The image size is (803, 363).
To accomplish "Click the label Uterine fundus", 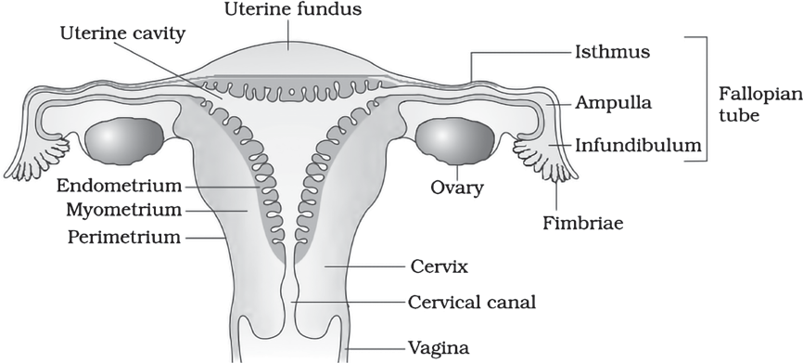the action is coord(293,9).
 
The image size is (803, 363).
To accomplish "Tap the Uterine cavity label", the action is coord(123,33).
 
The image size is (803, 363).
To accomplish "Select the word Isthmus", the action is coord(612,52).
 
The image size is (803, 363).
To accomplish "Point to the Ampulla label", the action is coord(613,103).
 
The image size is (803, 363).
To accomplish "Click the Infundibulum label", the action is coord(638,146).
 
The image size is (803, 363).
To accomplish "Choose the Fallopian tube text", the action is coord(760,105).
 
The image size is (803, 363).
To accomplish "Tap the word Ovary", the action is coord(457,188).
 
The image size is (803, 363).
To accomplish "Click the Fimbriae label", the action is coord(583,224).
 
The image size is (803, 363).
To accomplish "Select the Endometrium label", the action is coord(119,186).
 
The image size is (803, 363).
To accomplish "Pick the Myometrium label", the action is coord(124,210).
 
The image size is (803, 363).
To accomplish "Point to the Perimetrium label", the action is coord(124,238).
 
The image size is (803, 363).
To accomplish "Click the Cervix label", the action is coord(440,266).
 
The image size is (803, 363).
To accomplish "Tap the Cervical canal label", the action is coord(472,303).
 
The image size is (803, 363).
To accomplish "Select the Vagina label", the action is coord(438,349).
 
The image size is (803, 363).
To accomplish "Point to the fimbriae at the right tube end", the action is coord(544,159).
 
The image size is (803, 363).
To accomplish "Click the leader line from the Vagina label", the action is coord(376,349).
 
